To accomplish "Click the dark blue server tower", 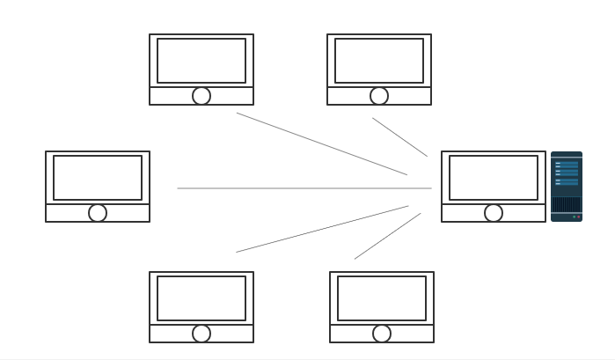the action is click(566, 187).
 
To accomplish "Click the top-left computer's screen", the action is click(201, 61).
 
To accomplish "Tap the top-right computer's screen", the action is click(379, 61).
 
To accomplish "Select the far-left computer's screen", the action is click(98, 178).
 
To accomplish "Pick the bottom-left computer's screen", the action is click(201, 298).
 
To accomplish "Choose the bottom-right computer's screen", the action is click(382, 298).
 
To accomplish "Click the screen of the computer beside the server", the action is click(494, 178).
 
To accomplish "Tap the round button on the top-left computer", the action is click(201, 96).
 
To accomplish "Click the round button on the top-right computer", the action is click(379, 96).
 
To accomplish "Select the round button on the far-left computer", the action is click(98, 213).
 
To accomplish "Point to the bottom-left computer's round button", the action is click(201, 334).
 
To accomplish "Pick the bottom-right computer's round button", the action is click(382, 334).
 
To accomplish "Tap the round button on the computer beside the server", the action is click(494, 213).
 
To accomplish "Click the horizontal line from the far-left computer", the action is click(304, 188).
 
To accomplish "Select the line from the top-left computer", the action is click(321, 143).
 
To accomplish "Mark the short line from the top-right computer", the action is click(399, 137).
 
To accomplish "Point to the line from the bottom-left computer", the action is click(322, 229).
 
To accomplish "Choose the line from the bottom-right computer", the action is click(387, 236).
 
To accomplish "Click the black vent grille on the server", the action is click(566, 204).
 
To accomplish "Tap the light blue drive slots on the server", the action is click(567, 173).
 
